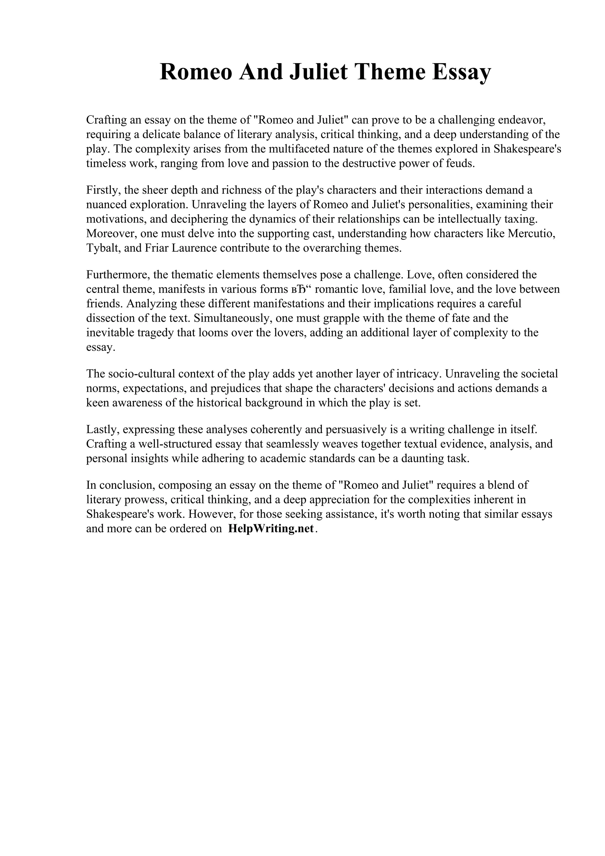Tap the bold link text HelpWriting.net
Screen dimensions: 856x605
(x=271, y=529)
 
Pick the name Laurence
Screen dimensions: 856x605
(x=194, y=248)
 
